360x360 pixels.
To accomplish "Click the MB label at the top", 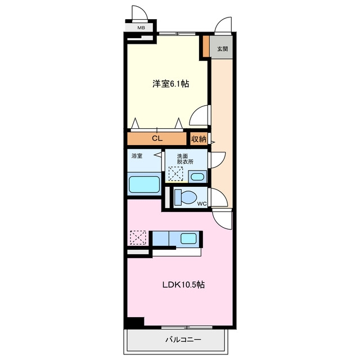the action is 141,28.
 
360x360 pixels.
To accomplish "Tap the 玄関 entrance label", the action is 223,49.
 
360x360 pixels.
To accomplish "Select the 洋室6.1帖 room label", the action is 170,84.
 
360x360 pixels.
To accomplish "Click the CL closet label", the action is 157,138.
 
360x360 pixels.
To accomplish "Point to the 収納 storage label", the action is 199,139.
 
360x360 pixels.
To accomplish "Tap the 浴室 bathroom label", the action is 137,156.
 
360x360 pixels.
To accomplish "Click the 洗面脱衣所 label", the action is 185,159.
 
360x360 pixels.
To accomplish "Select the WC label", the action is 202,204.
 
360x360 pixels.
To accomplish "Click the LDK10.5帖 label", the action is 183,285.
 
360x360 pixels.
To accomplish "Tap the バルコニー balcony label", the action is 183,339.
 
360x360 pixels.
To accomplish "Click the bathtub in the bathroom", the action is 145,184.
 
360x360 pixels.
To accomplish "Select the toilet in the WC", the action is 186,197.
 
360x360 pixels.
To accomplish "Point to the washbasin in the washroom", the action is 197,177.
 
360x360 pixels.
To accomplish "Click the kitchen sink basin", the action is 188,238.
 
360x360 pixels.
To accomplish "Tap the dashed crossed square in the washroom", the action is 175,174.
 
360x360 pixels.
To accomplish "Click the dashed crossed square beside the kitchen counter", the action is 138,237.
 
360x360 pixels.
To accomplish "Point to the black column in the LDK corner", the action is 136,322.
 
